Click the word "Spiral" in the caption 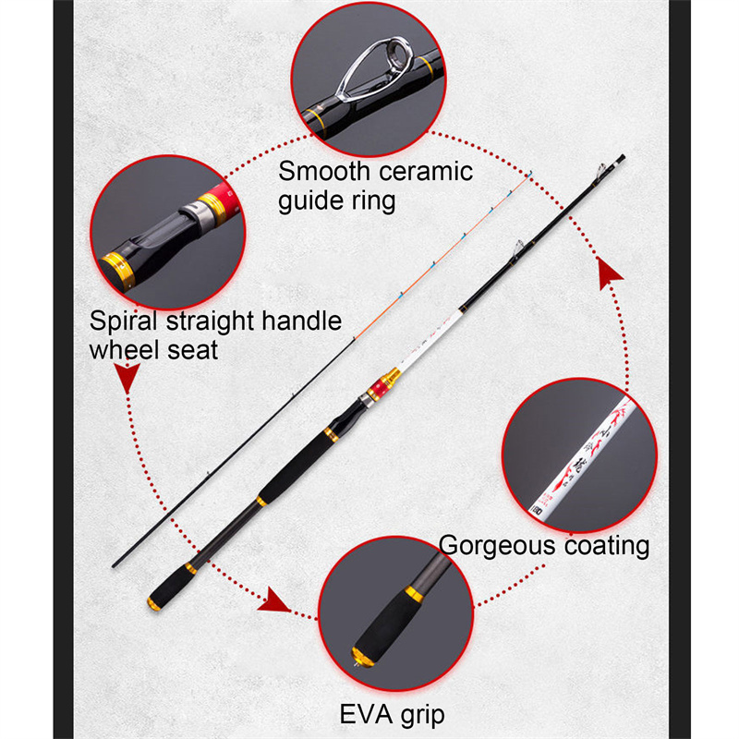[123, 321]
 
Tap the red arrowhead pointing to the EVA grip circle [274, 602]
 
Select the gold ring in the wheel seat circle [122, 266]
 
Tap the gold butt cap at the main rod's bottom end [152, 604]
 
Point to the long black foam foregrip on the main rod [295, 467]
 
